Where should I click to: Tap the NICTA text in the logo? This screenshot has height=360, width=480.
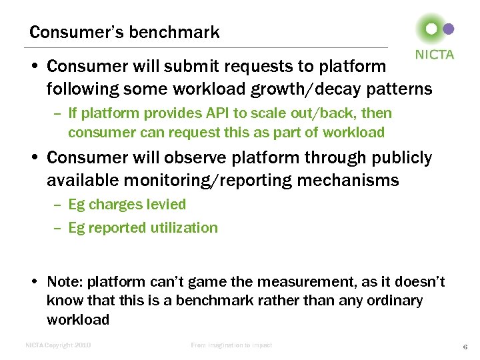[x=435, y=55]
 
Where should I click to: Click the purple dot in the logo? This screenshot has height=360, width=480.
[x=449, y=29]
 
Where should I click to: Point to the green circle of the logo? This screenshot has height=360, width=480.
[x=431, y=29]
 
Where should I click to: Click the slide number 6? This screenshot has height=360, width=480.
[x=465, y=346]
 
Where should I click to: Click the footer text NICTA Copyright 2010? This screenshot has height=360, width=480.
[x=58, y=345]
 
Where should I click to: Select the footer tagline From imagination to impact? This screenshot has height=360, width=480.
[x=231, y=345]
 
